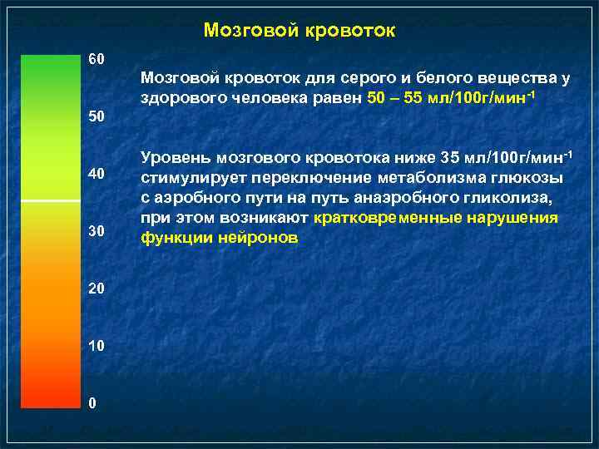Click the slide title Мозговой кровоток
[299, 31]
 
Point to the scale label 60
[97, 60]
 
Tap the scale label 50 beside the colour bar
[97, 117]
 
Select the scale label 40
[97, 174]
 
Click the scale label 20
[97, 289]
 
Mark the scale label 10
[97, 345]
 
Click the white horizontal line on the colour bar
[49, 202]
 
